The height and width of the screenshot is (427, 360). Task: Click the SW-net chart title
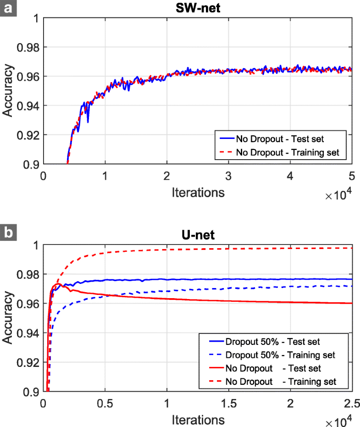pos(198,8)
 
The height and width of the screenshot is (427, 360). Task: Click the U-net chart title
pos(198,235)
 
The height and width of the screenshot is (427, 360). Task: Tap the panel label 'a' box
pos(8,8)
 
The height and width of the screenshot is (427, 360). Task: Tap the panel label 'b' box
pos(8,233)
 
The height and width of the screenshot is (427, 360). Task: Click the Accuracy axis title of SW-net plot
pos(8,91)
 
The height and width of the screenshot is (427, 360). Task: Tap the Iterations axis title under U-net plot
pos(198,419)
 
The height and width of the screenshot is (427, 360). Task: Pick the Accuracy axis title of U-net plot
pos(8,318)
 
